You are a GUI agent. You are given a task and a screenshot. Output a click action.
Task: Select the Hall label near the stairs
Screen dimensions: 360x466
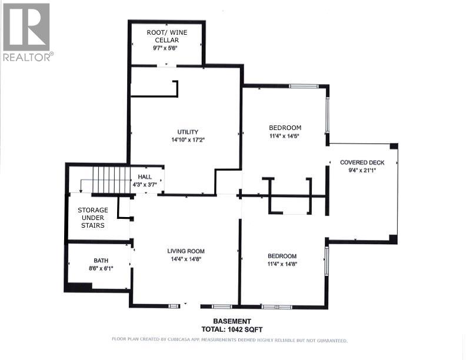(x=145, y=176)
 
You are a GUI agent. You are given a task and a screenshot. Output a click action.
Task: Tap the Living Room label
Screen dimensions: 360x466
(x=185, y=251)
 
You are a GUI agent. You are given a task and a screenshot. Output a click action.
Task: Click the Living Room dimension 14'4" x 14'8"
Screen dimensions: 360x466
(x=185, y=259)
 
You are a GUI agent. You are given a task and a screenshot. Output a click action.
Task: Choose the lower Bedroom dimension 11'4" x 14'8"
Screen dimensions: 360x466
(x=282, y=264)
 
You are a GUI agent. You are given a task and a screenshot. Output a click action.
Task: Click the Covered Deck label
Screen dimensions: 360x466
(x=362, y=162)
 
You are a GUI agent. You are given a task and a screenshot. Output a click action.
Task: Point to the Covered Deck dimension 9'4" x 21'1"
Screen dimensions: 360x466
(x=362, y=171)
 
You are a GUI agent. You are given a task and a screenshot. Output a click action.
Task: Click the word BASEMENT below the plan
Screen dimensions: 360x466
(x=232, y=321)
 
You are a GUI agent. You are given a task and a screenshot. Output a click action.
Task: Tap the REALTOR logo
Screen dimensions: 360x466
(x=26, y=32)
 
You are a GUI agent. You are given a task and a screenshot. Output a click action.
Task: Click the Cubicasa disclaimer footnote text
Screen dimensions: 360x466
(x=229, y=340)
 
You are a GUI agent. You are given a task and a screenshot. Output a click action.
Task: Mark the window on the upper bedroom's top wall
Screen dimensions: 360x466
(x=303, y=86)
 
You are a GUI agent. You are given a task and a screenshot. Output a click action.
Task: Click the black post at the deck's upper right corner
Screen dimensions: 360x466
(x=394, y=146)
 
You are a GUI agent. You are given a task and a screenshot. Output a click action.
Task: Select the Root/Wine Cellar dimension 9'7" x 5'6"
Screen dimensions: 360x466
(x=166, y=48)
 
